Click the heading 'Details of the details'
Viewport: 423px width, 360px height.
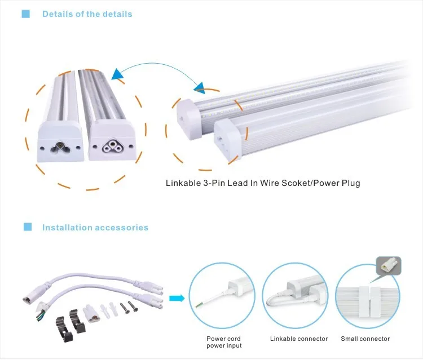[x=87, y=14]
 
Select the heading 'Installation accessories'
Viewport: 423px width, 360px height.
[x=95, y=228]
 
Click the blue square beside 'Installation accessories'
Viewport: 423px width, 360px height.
[x=27, y=227]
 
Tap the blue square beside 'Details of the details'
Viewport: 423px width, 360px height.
[x=25, y=14]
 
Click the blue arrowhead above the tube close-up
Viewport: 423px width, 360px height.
[x=118, y=74]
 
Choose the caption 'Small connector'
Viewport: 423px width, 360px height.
[x=365, y=339]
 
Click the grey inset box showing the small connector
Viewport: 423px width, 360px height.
[x=389, y=264]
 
